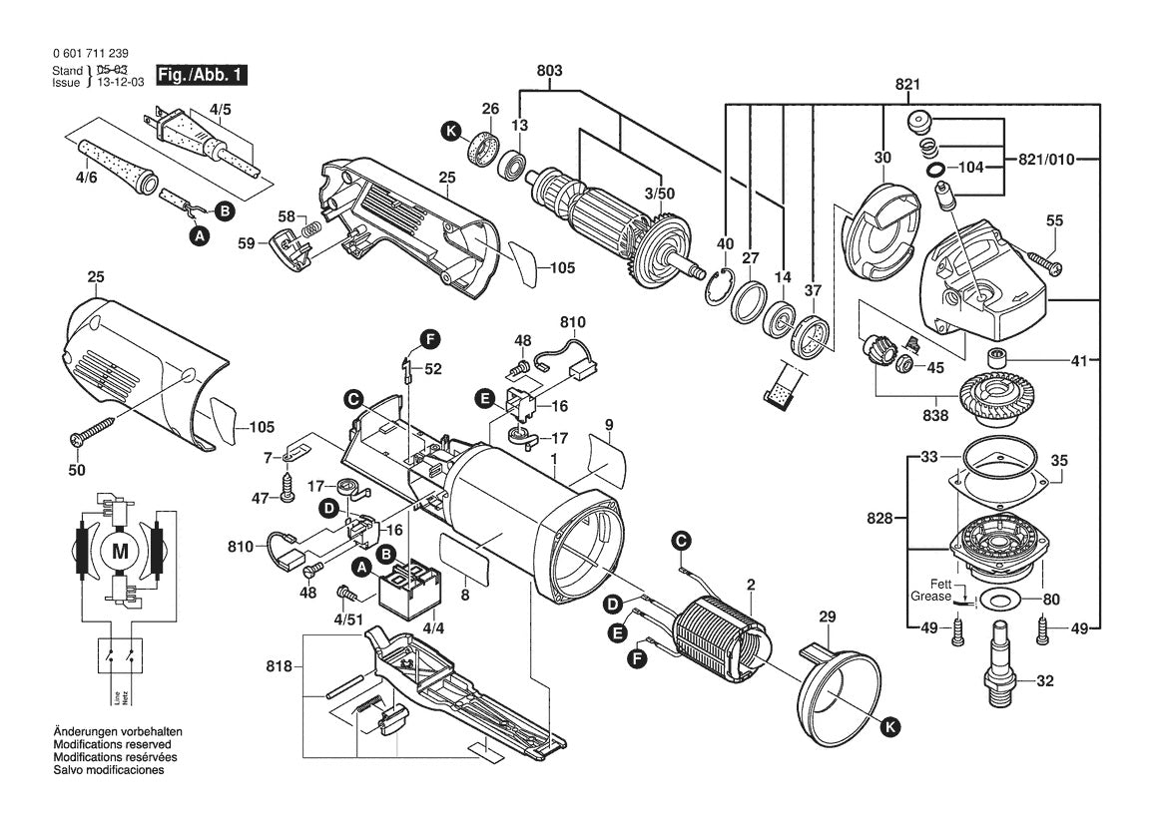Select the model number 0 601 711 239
pos(89,54)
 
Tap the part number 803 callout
pos(549,71)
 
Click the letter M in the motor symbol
pos(120,551)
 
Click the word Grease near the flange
pos(924,596)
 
